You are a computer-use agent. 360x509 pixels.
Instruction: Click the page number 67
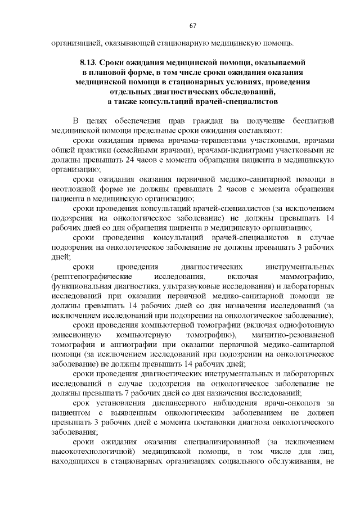pos(192,26)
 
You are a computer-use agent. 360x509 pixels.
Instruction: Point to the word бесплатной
pos(312,120)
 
